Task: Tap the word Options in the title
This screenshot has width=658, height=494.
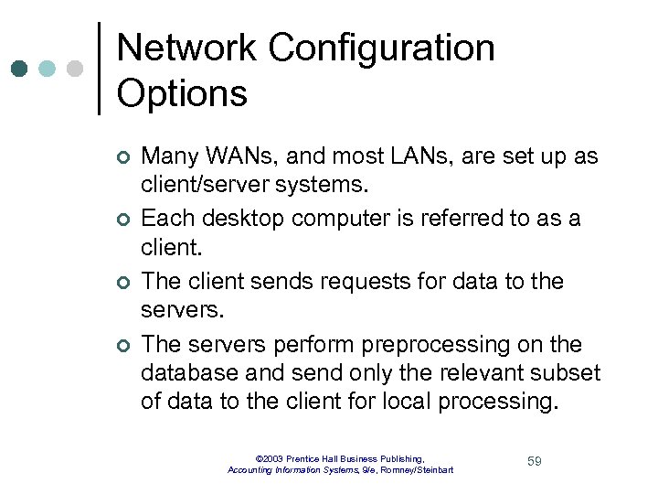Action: [x=182, y=94]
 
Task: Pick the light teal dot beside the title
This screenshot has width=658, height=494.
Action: [x=48, y=69]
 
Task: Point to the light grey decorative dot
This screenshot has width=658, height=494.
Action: [x=75, y=69]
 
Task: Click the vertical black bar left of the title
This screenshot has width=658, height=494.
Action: [x=99, y=69]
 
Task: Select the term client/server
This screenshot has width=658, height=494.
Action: [x=199, y=186]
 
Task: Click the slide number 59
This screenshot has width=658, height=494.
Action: [x=534, y=461]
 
